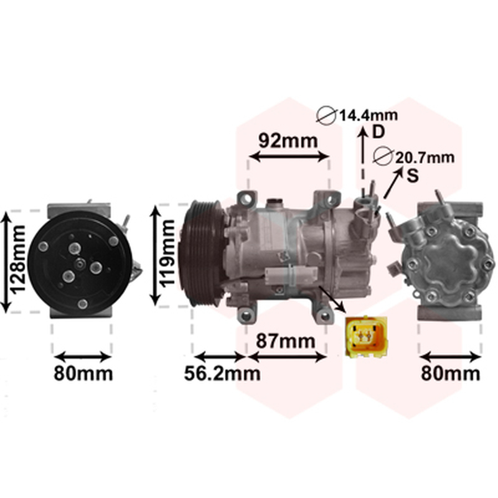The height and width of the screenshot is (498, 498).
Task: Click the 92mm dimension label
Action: (x=288, y=141)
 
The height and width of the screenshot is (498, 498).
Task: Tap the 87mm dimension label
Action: (x=286, y=341)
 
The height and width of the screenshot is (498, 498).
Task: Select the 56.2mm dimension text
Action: (x=222, y=374)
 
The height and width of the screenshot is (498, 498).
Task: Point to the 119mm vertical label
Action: (x=167, y=253)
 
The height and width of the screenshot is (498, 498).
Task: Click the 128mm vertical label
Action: (x=17, y=258)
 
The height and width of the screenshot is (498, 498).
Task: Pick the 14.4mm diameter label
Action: (x=369, y=115)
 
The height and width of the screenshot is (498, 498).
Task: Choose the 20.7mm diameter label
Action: (x=425, y=157)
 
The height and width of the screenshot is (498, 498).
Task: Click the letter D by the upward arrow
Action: (x=378, y=131)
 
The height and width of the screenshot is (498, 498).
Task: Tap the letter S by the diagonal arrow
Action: (x=413, y=176)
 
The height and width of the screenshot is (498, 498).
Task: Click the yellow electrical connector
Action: (x=366, y=337)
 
